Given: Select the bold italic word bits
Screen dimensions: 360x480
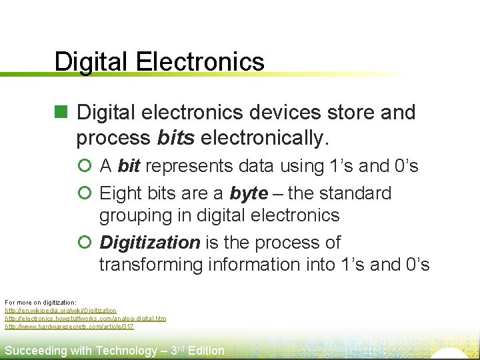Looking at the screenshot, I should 176,138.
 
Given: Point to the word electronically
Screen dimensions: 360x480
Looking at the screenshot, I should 265,138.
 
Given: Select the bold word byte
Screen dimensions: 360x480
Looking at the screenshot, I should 249,193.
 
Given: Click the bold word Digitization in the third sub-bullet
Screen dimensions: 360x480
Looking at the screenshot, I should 149,243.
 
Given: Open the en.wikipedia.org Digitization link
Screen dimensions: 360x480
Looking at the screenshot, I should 61,311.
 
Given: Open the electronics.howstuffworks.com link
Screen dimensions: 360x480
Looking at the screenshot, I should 85,319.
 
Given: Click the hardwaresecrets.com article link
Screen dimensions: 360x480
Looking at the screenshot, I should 69,327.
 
